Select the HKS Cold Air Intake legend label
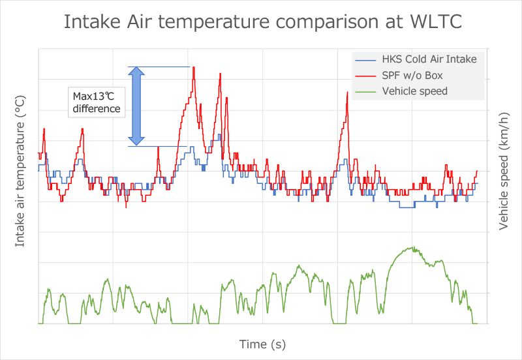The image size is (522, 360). click(x=429, y=59)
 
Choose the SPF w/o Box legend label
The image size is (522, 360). click(x=412, y=75)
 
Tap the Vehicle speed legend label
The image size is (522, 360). click(x=415, y=91)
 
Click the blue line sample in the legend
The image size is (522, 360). click(x=366, y=59)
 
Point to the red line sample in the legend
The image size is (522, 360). click(x=366, y=75)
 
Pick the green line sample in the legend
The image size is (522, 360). click(x=366, y=91)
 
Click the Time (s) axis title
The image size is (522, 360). click(x=262, y=344)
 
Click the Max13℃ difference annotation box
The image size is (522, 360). click(x=97, y=102)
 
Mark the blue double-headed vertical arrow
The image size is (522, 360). click(x=136, y=106)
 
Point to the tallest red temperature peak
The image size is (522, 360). click(x=194, y=68)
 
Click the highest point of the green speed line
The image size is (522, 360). click(x=414, y=247)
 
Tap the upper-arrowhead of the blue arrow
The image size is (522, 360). click(x=136, y=72)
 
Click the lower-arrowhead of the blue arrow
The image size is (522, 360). click(x=136, y=140)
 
